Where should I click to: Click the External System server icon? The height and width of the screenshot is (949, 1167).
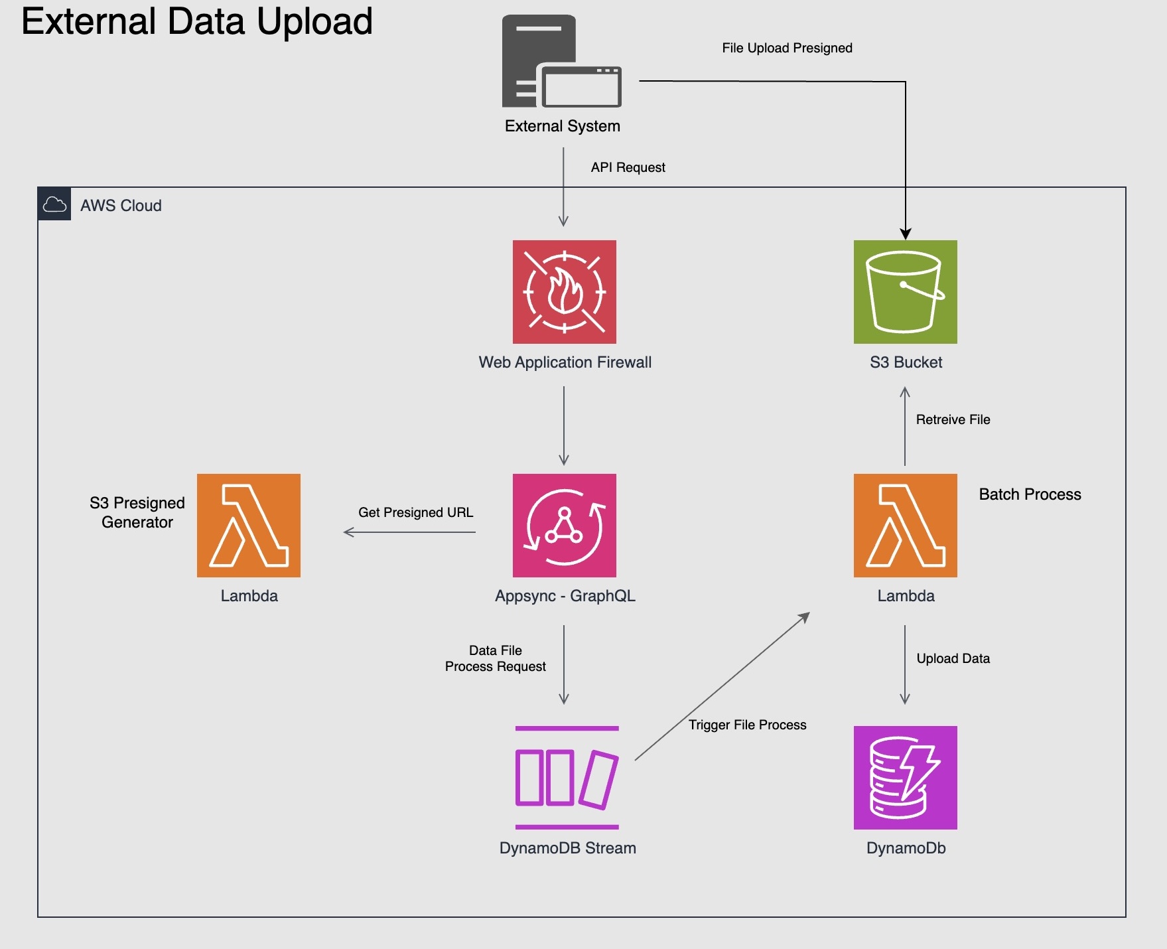tap(561, 62)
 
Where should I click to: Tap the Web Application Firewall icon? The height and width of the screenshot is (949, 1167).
tap(564, 292)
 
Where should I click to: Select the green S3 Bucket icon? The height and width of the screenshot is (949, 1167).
tap(905, 292)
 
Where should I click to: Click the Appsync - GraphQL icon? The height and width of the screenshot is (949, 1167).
tap(564, 525)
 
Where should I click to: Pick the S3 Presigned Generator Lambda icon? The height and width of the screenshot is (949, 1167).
tap(249, 525)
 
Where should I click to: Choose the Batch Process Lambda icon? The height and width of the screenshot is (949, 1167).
tap(905, 525)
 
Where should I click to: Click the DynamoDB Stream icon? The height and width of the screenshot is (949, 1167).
tap(567, 777)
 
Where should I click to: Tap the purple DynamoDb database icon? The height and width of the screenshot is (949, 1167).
tap(905, 777)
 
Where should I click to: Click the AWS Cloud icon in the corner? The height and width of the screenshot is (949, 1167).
tap(54, 204)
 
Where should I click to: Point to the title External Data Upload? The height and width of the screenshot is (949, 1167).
tap(197, 21)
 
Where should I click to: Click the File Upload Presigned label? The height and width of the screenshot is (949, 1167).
tap(787, 48)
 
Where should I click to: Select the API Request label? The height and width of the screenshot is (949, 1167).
tap(628, 167)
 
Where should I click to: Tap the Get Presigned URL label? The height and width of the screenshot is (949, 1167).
tap(415, 512)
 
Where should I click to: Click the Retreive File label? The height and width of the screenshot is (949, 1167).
tap(953, 419)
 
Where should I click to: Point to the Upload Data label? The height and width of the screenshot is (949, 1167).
tap(953, 658)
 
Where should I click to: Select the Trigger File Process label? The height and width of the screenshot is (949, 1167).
tap(747, 725)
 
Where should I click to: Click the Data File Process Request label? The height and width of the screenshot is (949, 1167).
tap(495, 658)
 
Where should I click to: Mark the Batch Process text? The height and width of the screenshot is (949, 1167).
tap(1030, 494)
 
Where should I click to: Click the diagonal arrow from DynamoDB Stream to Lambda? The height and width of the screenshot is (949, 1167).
tap(722, 686)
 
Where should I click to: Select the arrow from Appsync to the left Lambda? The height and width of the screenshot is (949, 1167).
tap(409, 532)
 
